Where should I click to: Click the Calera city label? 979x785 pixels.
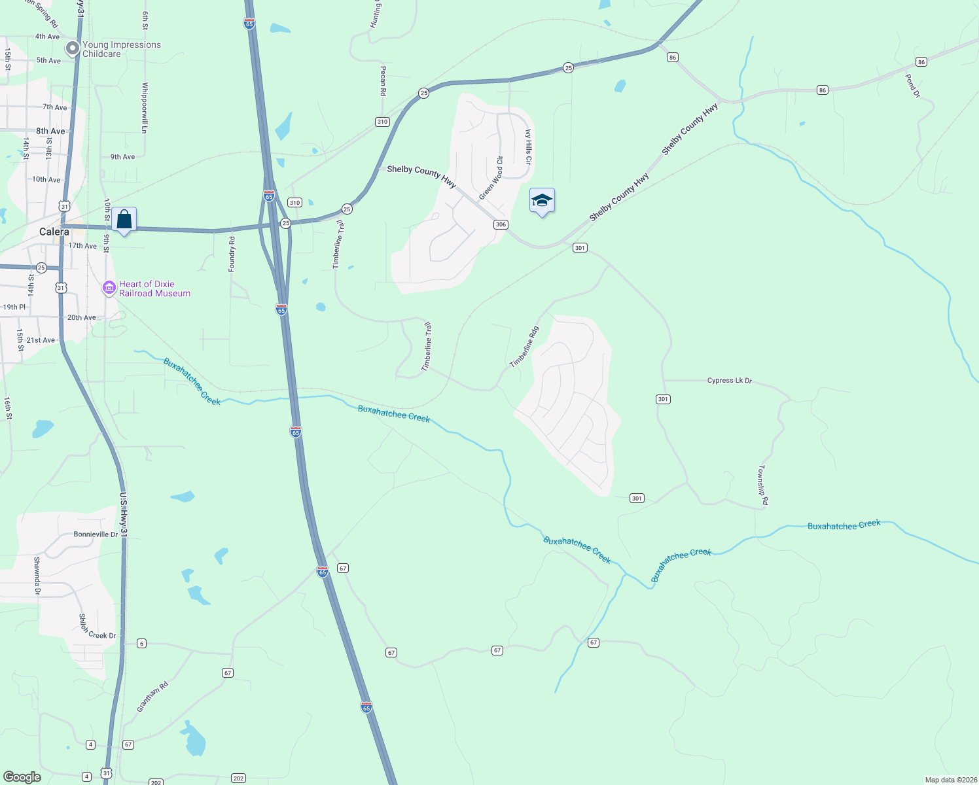click(x=54, y=232)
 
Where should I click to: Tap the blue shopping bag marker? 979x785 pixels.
click(x=124, y=220)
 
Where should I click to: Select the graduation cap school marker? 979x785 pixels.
click(x=542, y=201)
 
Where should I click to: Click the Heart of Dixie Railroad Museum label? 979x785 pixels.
click(x=154, y=288)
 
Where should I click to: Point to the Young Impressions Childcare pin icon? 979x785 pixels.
click(x=72, y=48)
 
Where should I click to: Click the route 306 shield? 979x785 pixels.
click(x=501, y=224)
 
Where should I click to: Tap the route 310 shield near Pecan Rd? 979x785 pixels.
click(x=382, y=122)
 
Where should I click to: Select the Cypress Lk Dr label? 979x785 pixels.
click(x=730, y=380)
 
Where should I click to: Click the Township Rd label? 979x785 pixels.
click(x=763, y=485)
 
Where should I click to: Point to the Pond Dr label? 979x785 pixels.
click(x=912, y=86)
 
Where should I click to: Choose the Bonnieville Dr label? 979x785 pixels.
click(x=96, y=534)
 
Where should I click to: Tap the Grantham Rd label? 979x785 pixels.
click(x=152, y=697)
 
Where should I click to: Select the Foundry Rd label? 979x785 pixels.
click(x=232, y=254)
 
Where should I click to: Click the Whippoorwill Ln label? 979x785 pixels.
click(x=145, y=107)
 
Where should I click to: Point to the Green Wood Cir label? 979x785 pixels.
click(x=491, y=178)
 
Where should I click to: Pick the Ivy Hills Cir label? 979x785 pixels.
click(x=528, y=147)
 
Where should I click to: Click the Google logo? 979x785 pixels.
click(x=22, y=777)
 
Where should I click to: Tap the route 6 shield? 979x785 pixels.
click(x=141, y=644)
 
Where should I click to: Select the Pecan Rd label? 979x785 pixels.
click(x=383, y=81)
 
